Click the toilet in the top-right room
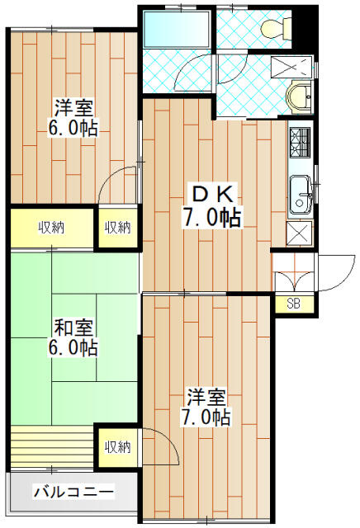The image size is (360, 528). (x=277, y=29)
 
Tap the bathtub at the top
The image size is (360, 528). (x=177, y=30)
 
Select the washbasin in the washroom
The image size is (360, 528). (x=300, y=97)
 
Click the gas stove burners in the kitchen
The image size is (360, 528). (x=300, y=143)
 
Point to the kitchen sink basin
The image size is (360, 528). (x=301, y=195)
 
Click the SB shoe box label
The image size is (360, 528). (x=293, y=304)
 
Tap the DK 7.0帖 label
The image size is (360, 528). (x=211, y=206)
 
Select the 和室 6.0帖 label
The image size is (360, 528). (x=73, y=338)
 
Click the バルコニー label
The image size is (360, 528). (x=73, y=493)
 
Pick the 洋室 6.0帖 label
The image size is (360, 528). (x=73, y=118)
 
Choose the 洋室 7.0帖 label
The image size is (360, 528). (x=206, y=408)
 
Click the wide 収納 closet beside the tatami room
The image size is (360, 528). (x=52, y=228)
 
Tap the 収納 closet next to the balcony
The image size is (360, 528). (x=117, y=447)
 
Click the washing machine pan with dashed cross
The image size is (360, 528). (x=292, y=67)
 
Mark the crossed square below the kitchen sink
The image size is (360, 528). (x=299, y=233)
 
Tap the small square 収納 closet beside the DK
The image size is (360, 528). (x=117, y=228)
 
